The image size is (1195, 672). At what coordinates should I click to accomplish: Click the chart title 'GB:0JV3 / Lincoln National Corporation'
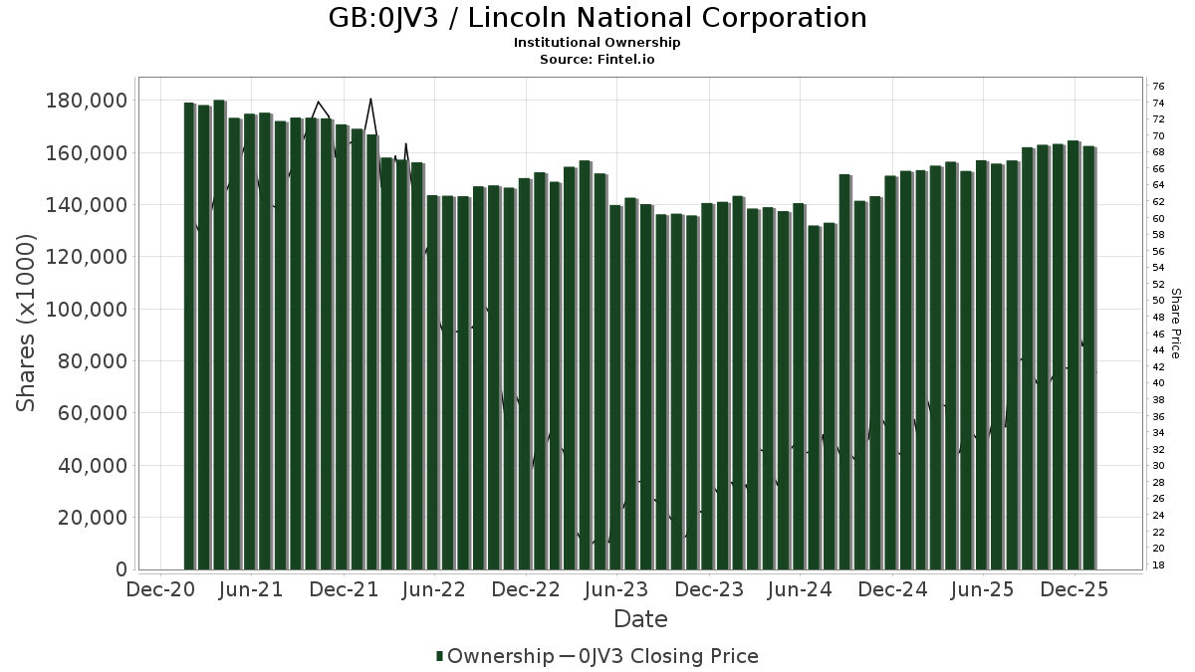click(x=597, y=18)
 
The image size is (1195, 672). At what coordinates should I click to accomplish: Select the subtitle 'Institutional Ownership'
click(x=597, y=43)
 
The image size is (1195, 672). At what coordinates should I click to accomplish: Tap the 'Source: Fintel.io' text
click(x=597, y=59)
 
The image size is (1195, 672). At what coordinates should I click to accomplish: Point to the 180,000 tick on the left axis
click(x=87, y=101)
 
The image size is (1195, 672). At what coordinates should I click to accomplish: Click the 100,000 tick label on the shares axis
click(x=87, y=309)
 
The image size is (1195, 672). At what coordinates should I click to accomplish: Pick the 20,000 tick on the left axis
click(x=93, y=518)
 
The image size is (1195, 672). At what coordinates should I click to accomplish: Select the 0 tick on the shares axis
click(x=121, y=569)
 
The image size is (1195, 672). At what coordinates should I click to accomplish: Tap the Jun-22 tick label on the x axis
click(x=435, y=589)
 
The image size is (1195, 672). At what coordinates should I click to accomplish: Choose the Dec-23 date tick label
click(x=709, y=589)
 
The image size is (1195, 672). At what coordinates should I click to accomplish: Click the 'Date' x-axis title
click(x=640, y=619)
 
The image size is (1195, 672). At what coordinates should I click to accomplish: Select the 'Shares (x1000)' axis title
click(x=27, y=323)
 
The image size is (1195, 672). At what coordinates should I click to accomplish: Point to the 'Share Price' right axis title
click(x=1175, y=323)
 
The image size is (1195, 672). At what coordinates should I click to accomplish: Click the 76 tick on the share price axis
click(x=1158, y=87)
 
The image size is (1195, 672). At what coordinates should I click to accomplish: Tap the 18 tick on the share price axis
click(x=1158, y=564)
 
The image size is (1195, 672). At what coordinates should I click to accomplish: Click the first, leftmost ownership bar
click(x=189, y=336)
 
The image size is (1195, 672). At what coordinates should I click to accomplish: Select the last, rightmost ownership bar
click(x=1088, y=358)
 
